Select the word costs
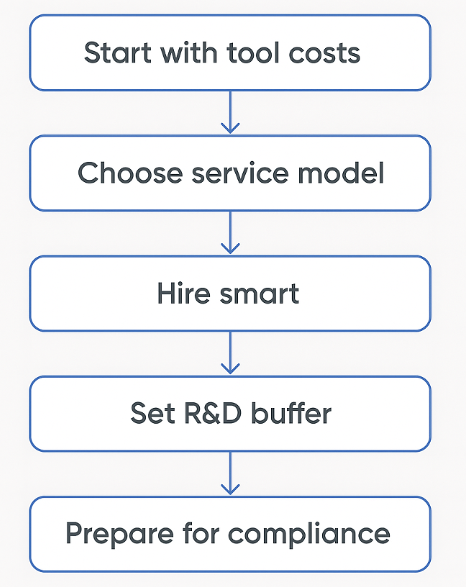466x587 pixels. point(327,53)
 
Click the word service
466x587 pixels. point(240,174)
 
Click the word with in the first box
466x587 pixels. point(182,53)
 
